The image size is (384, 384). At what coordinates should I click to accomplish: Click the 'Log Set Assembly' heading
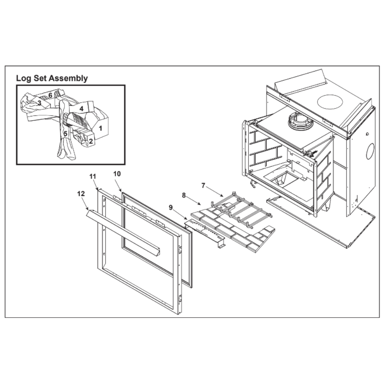click(x=52, y=78)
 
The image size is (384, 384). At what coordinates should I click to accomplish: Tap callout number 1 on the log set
click(x=100, y=128)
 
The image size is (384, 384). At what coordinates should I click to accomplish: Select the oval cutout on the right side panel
click(x=370, y=151)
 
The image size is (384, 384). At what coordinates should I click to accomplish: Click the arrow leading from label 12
click(x=83, y=204)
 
